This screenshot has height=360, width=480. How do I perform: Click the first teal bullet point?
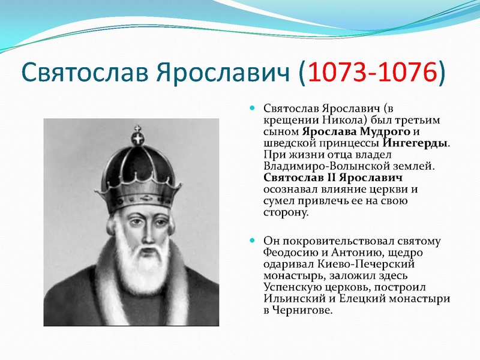tap(252, 107)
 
